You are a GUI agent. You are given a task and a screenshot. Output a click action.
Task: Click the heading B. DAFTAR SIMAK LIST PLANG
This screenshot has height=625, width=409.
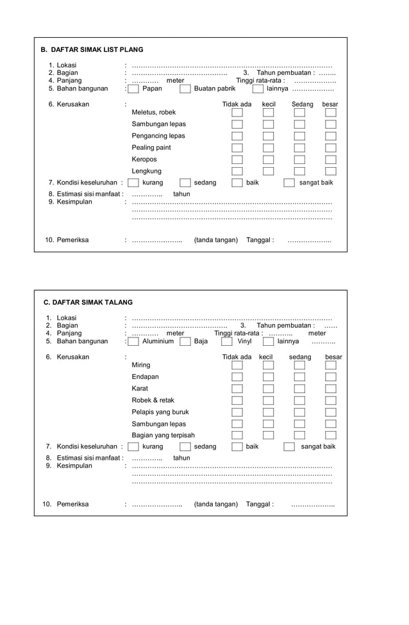tap(92, 49)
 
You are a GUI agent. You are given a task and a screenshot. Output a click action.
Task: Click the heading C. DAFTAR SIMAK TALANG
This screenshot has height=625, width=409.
tap(88, 302)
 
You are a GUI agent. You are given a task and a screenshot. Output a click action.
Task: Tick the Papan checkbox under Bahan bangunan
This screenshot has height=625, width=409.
tap(133, 89)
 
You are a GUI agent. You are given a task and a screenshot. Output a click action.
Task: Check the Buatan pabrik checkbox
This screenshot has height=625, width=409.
tap(185, 89)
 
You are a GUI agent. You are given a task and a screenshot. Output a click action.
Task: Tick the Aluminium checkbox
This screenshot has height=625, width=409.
tap(133, 342)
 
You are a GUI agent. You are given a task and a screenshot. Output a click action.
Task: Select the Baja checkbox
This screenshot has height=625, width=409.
tap(185, 342)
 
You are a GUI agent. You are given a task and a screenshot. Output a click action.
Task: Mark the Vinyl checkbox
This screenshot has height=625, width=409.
tap(227, 342)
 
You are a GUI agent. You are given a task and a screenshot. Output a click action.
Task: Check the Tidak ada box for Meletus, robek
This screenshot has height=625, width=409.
tap(237, 113)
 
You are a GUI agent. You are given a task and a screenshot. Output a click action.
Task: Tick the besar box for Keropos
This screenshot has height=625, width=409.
tap(330, 159)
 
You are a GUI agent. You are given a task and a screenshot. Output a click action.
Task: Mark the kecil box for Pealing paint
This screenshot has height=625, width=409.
tap(268, 148)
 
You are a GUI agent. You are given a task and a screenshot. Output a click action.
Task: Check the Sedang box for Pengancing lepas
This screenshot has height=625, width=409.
tap(299, 136)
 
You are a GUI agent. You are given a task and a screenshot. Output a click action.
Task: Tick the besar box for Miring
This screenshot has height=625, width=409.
tap(330, 365)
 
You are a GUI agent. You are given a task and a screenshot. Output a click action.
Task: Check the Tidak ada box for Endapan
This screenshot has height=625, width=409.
tap(237, 377)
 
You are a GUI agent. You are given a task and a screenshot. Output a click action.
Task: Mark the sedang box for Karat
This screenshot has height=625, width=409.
tap(299, 389)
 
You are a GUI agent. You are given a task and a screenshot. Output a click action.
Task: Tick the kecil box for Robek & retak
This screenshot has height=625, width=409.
tap(268, 400)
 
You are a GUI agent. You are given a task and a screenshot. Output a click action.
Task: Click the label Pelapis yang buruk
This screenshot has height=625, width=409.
tap(160, 412)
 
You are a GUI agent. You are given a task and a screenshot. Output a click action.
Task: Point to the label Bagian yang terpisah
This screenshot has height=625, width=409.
tap(163, 435)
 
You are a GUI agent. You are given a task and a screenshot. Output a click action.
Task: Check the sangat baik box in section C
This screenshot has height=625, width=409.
tap(289, 447)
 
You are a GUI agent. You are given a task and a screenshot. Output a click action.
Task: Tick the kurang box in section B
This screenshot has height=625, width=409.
tap(133, 183)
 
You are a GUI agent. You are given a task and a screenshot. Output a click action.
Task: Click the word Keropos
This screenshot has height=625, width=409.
tap(144, 159)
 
